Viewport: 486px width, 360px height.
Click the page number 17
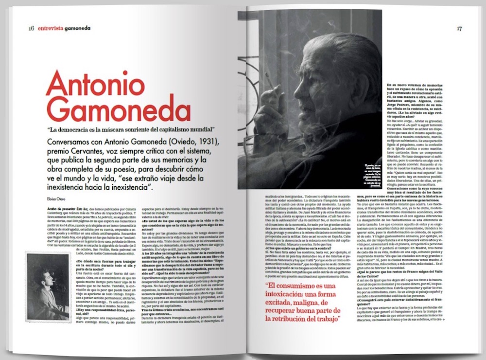[459, 28]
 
